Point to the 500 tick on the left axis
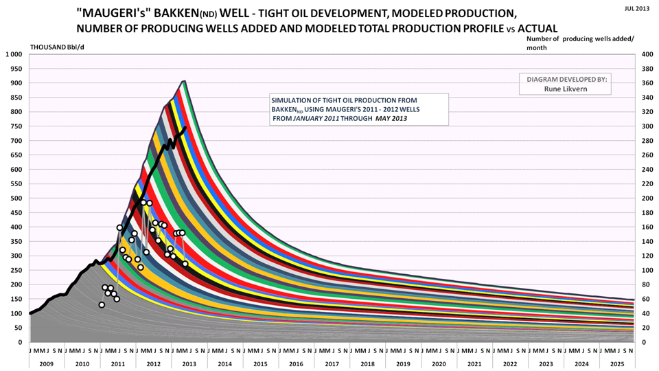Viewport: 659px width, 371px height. tap(16, 198)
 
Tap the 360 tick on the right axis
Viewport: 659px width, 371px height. tap(647, 83)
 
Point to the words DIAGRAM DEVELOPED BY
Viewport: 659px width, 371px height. tap(566, 79)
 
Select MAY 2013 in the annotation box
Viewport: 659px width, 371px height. tap(391, 119)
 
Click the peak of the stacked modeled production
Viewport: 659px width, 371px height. tap(184, 81)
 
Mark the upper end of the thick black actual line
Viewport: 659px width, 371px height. tap(186, 128)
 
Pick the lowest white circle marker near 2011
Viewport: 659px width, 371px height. tap(102, 304)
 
